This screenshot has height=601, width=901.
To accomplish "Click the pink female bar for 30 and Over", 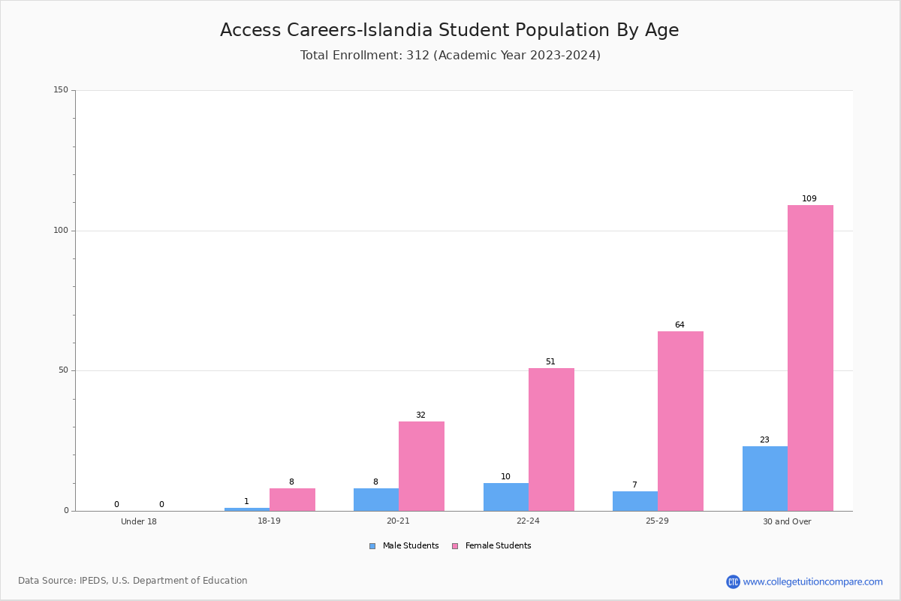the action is coord(810,358).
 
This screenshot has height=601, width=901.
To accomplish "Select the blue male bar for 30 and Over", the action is coord(765,479).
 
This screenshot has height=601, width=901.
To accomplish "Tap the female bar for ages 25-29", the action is coord(680,421).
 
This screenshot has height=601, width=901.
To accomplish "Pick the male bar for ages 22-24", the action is coord(506,497).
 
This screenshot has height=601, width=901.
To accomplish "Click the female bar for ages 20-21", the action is coord(421,466).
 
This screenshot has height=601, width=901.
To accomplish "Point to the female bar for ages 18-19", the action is coord(292,500).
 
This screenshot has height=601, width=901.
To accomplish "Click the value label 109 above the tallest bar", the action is coord(809,198).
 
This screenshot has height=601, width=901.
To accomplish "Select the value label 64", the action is coord(680,325).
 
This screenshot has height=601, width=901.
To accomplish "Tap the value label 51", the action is coord(550,361).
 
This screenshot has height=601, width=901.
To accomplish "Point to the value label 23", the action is coord(764,439).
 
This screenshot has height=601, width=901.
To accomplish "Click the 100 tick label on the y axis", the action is coord(61,230).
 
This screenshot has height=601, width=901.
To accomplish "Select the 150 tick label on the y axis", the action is coord(61,89).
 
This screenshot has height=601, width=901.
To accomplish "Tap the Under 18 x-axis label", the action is coord(139,521).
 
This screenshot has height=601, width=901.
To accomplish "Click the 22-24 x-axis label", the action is coord(528,521).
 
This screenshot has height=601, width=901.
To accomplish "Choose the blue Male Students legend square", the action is coord(372,546).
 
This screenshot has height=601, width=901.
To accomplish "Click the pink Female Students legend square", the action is coord(455,546).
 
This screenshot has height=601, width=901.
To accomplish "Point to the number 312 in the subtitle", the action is coord(418,55).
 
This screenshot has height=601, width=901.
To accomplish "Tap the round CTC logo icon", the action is coord(734,581).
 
